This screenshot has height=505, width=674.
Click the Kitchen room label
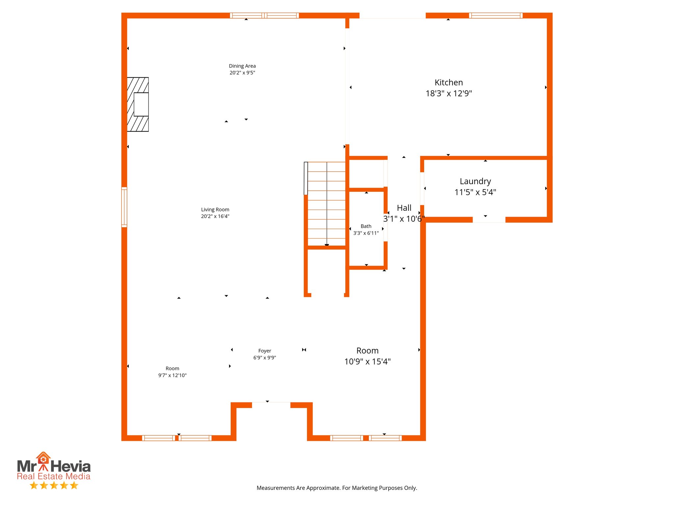coord(448,83)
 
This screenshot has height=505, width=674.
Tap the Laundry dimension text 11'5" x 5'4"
coord(475,192)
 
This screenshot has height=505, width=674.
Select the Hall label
coord(404,208)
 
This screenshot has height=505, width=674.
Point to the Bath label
coord(366,226)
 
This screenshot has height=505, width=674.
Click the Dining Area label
coord(242,66)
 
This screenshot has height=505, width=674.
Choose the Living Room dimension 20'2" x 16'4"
coord(215,216)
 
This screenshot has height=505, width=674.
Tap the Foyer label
coord(265,351)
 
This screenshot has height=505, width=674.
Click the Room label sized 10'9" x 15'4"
coord(367,351)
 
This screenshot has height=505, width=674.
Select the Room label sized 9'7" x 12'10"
coord(172,369)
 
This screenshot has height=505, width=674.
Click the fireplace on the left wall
coord(138,104)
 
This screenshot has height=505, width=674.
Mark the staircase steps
coord(326,204)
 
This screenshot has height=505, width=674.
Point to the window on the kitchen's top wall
coord(495,15)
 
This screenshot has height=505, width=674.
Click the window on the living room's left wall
coord(124,207)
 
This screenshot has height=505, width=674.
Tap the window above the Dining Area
coord(264,15)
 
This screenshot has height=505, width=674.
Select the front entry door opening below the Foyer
coord(271,405)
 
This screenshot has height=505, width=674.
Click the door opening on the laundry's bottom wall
coord(489,220)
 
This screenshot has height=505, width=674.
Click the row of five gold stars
coord(54,485)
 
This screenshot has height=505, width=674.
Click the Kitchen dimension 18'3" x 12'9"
coord(448,93)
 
